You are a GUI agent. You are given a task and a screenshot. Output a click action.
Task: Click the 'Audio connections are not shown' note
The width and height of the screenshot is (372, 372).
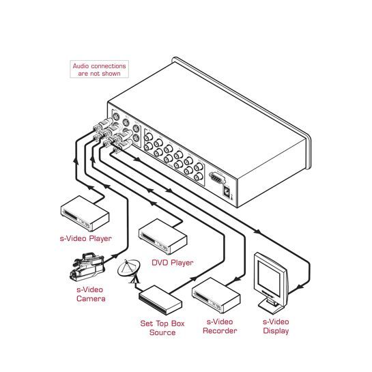(99, 69)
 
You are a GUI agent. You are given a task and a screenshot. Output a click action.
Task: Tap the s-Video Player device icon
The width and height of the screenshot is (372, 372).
(85, 213)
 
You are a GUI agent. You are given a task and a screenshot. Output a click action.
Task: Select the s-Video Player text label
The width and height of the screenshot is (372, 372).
(85, 238)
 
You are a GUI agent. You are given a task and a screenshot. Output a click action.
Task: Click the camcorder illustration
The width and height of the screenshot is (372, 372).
(87, 267)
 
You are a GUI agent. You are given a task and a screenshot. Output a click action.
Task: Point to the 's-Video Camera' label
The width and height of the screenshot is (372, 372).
(91, 294)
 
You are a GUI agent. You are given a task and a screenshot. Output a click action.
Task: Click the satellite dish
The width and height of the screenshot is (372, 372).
(129, 270)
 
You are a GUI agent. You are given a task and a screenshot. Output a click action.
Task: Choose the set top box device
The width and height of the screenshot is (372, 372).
(160, 300)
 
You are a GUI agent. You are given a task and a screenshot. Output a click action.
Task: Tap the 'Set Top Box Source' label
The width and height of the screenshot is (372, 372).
(162, 328)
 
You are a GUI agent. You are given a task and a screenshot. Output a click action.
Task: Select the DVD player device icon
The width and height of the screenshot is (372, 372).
(162, 236)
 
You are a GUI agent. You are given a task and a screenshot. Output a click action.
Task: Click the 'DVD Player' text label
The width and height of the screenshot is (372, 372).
(173, 263)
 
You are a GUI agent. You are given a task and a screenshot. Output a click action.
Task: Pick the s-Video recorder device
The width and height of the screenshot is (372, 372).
(216, 296)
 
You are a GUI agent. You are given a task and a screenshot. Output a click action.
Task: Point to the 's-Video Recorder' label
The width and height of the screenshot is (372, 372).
(220, 326)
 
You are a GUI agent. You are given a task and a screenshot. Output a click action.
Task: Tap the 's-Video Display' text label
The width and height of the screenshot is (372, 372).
(276, 326)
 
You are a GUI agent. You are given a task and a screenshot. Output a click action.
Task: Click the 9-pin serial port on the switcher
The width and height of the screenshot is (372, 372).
(217, 177)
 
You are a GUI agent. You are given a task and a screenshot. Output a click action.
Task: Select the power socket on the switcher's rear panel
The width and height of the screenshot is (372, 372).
(227, 191)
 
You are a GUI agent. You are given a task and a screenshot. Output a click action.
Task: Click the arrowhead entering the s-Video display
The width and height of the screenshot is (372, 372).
(300, 287)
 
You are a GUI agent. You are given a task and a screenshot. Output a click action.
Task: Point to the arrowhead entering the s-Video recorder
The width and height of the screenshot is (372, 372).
(237, 279)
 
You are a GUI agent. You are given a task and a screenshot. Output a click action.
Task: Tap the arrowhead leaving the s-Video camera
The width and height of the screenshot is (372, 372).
(115, 256)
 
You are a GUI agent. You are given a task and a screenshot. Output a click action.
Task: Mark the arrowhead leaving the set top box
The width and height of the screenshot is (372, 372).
(194, 278)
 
